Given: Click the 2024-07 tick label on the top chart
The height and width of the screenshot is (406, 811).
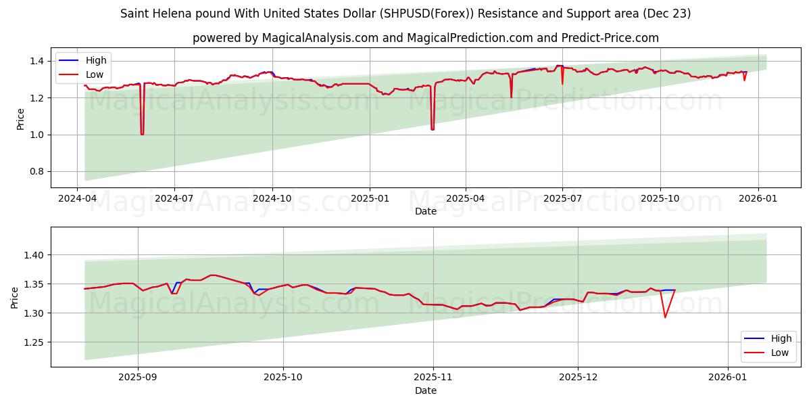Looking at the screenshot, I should pyautogui.click(x=174, y=199).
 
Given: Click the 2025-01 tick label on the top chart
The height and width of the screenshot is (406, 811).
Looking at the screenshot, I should pyautogui.click(x=370, y=199).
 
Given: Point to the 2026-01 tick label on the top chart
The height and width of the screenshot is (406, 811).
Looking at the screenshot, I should pyautogui.click(x=758, y=199).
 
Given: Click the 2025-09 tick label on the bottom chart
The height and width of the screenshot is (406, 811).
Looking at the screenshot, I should pyautogui.click(x=138, y=378).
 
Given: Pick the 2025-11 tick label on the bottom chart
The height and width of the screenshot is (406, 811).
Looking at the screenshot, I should pyautogui.click(x=433, y=378).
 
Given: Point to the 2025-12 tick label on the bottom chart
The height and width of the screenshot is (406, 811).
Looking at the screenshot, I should pyautogui.click(x=579, y=378).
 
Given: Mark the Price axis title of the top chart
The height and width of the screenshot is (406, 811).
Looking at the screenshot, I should pyautogui.click(x=20, y=118).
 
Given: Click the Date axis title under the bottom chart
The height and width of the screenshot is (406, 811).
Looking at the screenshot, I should pyautogui.click(x=426, y=390).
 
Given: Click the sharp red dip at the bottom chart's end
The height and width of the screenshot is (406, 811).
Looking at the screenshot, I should pyautogui.click(x=665, y=317).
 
